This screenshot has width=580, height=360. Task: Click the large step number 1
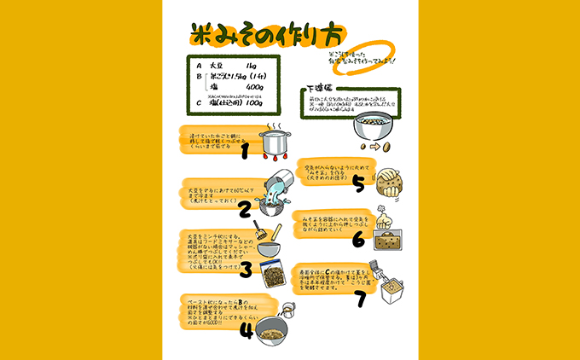(x=245, y=151)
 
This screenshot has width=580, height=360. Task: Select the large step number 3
(x=245, y=270)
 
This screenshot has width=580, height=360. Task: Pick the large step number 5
(x=359, y=182)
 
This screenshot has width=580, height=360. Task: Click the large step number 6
(x=358, y=241)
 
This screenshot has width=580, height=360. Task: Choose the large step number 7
(x=360, y=299)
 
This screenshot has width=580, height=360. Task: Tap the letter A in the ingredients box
(x=198, y=66)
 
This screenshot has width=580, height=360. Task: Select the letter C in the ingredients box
(x=198, y=103)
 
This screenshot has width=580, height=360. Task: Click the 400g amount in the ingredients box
(x=253, y=87)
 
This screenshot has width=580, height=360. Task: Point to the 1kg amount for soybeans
(x=249, y=66)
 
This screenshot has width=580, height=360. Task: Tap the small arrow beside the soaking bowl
(x=373, y=146)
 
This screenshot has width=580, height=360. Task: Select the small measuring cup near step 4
(x=288, y=310)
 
